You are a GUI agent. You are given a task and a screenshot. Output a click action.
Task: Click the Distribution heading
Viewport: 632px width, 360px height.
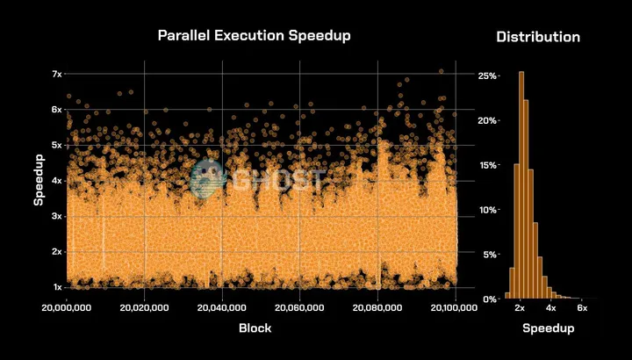pos(538,37)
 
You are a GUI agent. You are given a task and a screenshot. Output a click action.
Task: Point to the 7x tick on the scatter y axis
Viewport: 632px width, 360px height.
pos(55,74)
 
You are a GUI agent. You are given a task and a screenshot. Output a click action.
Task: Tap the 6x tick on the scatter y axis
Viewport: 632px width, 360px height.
pos(55,110)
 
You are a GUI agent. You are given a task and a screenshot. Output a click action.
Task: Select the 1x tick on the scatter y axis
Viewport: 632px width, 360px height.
pos(55,287)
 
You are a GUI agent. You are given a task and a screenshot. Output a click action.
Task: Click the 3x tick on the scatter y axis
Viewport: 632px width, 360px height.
pos(55,216)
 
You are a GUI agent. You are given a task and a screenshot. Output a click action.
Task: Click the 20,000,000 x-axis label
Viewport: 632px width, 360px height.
pos(68,308)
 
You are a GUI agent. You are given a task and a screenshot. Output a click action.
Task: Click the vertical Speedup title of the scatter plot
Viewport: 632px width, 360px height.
pos(39,181)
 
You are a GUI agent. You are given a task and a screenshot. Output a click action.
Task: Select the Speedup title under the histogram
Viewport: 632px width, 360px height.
pos(549,328)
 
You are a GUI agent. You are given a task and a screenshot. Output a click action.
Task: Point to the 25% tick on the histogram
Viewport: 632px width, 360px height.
pos(487,76)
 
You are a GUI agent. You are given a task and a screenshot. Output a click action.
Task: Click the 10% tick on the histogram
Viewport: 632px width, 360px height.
pos(487,210)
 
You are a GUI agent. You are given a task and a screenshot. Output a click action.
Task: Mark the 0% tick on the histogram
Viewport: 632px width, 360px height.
pos(490,299)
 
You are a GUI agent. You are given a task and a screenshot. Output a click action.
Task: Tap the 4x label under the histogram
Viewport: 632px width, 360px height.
pos(550,308)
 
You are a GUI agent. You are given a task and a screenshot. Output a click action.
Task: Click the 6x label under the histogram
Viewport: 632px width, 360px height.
pos(581,308)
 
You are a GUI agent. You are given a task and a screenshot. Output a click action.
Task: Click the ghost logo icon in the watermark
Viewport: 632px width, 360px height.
pos(207,179)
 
